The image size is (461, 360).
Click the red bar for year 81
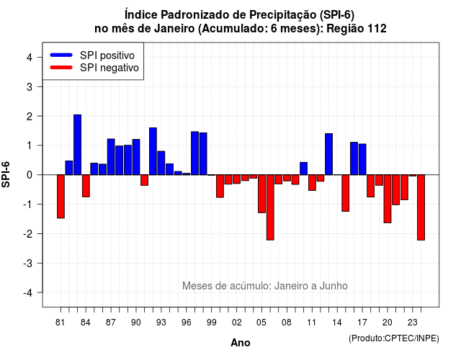pos(61,197)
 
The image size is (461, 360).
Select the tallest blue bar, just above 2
pos(77,145)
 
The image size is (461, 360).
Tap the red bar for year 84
pos(86,186)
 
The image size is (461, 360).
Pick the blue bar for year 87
pos(111,157)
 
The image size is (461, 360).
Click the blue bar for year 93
pos(161,163)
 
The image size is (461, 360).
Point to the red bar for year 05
pos(261,194)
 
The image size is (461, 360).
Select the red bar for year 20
pos(388,199)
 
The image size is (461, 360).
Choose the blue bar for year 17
pos(362,159)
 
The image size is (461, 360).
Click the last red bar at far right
pos(421,207)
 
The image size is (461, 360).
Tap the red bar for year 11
pos(312,182)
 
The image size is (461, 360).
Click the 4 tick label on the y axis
pos(30,58)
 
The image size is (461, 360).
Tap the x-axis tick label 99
pos(211,323)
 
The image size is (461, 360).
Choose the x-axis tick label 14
pos(337,323)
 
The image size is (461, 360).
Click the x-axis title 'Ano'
pos(240,343)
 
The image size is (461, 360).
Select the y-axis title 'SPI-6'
pos(6,174)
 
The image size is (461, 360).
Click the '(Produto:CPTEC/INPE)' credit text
pos(394,338)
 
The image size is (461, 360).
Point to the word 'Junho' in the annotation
pos(334,286)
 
